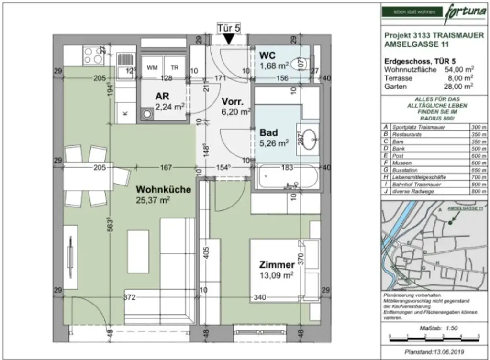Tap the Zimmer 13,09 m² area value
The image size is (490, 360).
[x=277, y=275]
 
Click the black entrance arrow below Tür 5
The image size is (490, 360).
[x=229, y=39]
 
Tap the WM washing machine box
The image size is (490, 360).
[x=152, y=68]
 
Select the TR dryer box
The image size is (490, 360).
[x=175, y=68]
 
